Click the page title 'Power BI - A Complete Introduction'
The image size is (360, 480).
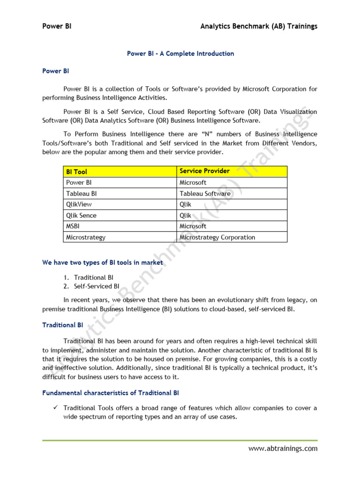click(x=180, y=53)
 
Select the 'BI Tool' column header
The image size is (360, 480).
click(x=76, y=172)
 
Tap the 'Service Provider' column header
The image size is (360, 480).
click(x=204, y=171)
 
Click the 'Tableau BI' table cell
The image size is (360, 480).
click(x=82, y=194)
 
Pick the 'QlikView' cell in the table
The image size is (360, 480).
click(x=79, y=204)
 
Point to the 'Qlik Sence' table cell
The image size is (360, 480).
click(x=81, y=216)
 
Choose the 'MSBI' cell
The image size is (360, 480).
click(x=73, y=226)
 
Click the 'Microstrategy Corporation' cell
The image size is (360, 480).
click(x=217, y=237)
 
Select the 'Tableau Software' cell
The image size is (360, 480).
click(x=205, y=194)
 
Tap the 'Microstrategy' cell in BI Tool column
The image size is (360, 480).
click(x=86, y=237)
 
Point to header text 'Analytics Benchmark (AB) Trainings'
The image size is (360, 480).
click(x=259, y=26)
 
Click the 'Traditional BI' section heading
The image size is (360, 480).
click(x=62, y=325)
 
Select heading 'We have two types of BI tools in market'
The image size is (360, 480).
click(x=103, y=262)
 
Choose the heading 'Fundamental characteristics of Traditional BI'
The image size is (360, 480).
click(x=111, y=393)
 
